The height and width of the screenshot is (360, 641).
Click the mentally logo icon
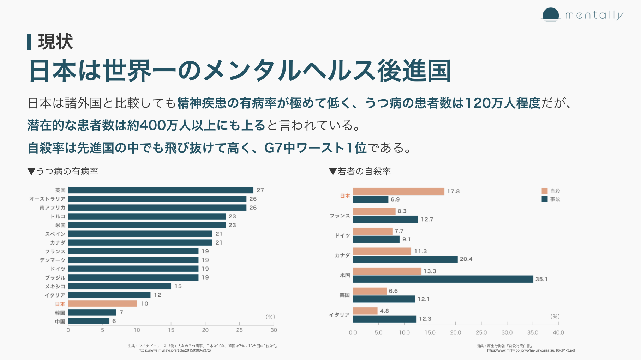(550, 15)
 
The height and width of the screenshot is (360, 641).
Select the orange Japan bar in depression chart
(102, 304)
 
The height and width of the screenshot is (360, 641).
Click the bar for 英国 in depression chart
(161, 190)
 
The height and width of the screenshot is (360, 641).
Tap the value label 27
(260, 190)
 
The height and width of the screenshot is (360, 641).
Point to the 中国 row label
(60, 322)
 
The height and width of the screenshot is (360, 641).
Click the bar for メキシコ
(120, 286)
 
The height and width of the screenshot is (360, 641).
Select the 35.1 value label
(541, 279)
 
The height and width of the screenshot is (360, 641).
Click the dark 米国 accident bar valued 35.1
(443, 279)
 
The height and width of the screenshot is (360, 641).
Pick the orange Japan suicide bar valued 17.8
(398, 191)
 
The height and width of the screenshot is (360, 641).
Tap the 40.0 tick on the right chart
(558, 332)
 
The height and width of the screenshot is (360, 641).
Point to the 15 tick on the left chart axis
(171, 330)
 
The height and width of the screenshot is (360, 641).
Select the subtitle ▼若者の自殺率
(360, 172)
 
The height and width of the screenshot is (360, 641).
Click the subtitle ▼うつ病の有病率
(63, 172)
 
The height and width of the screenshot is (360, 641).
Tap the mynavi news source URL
(175, 350)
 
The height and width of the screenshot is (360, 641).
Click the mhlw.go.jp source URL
(531, 350)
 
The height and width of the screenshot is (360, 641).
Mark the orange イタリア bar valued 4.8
(365, 311)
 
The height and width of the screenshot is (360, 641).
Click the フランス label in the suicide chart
(340, 216)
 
